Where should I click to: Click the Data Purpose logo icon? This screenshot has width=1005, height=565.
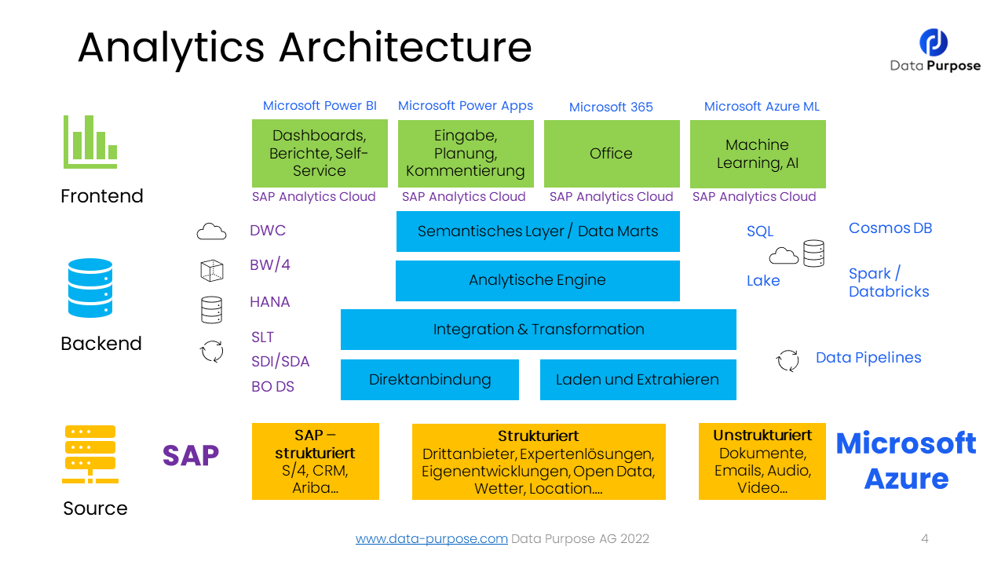click(934, 42)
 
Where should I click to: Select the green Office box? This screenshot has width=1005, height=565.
click(612, 154)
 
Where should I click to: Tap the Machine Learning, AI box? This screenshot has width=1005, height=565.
click(758, 154)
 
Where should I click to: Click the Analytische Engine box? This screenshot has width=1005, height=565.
click(537, 280)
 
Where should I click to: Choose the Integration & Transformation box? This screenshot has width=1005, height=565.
click(538, 330)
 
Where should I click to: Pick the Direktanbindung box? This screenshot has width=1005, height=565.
click(429, 380)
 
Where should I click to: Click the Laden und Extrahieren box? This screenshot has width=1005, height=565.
click(638, 380)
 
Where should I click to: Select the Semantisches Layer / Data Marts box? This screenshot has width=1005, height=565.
click(538, 231)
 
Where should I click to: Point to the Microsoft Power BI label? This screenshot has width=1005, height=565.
click(320, 106)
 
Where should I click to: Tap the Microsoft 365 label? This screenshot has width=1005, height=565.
click(611, 107)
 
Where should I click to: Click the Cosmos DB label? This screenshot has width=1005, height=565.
click(890, 228)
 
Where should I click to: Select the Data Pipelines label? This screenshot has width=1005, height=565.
click(868, 358)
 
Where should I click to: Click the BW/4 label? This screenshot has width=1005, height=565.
click(270, 265)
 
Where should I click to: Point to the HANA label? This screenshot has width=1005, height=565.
click(270, 302)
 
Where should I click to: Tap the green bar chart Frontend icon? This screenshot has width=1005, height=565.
click(90, 142)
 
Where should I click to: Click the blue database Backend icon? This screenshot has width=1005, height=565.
click(90, 288)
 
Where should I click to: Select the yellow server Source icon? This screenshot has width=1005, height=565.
click(90, 454)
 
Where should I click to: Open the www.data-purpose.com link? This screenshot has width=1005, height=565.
click(432, 539)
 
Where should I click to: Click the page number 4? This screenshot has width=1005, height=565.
click(925, 539)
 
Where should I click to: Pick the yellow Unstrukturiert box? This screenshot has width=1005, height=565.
click(762, 461)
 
